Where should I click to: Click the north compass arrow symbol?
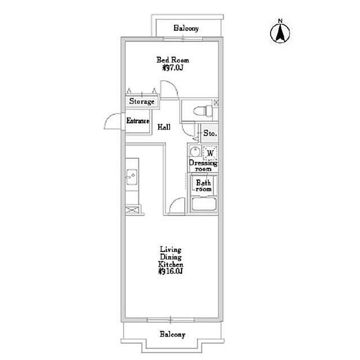[280, 32]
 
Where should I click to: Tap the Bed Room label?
[173, 60]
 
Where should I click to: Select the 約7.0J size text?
[173, 68]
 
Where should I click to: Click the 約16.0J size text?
[171, 272]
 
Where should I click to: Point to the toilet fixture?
[204, 111]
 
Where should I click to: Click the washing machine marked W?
[210, 153]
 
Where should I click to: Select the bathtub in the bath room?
[204, 204]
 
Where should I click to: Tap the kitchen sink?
[132, 177]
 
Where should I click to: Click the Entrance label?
[138, 121]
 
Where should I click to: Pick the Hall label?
[164, 127]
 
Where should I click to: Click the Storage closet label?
[141, 101]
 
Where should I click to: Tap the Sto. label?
[210, 133]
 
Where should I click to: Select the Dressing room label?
[203, 166]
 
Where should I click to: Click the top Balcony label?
[186, 28]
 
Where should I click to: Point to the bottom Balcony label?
[172, 334]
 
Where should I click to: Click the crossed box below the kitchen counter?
[132, 210]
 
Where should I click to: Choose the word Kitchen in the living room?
[171, 264]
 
